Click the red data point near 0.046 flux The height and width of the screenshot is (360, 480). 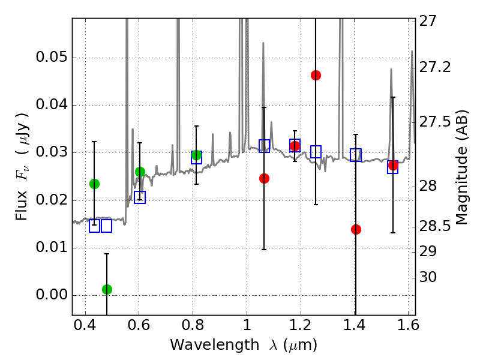click(316, 75)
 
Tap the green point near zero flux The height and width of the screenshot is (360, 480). click(107, 289)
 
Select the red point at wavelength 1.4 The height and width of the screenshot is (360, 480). click(356, 229)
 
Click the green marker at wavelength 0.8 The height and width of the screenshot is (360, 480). click(196, 155)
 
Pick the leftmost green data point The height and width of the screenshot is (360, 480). click(94, 184)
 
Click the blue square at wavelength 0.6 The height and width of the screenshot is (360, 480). click(140, 197)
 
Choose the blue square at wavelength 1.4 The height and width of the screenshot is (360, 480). click(356, 155)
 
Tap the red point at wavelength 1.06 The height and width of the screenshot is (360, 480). click(264, 178)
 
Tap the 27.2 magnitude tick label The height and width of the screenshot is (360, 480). click(437, 67)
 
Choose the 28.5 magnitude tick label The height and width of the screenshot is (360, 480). click(437, 226)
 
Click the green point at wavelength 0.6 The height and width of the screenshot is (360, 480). click(140, 172)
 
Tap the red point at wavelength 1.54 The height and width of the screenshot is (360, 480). click(393, 165)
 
